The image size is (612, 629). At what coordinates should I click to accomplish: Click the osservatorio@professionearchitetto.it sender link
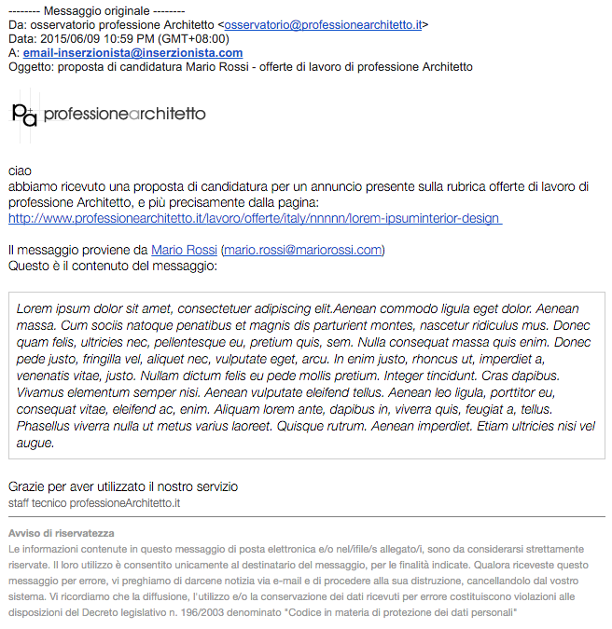point(324,25)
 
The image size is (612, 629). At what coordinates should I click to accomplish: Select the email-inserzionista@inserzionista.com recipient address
point(132,53)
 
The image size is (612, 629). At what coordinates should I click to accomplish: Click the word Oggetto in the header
point(30,67)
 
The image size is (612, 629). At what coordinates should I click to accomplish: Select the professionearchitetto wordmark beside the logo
point(124,114)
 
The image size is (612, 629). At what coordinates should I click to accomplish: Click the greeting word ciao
point(20,171)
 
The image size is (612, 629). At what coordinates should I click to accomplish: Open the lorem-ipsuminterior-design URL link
point(255,218)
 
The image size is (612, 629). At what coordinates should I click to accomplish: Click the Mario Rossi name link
point(183,250)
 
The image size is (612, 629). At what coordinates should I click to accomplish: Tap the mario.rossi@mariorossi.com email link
point(302,250)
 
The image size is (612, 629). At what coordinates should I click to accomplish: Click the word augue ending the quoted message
point(35,443)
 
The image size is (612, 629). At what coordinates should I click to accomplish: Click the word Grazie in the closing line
point(28,486)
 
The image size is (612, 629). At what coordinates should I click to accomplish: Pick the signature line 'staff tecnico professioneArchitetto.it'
point(93,503)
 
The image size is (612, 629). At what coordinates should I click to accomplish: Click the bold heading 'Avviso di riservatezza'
point(61,533)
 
